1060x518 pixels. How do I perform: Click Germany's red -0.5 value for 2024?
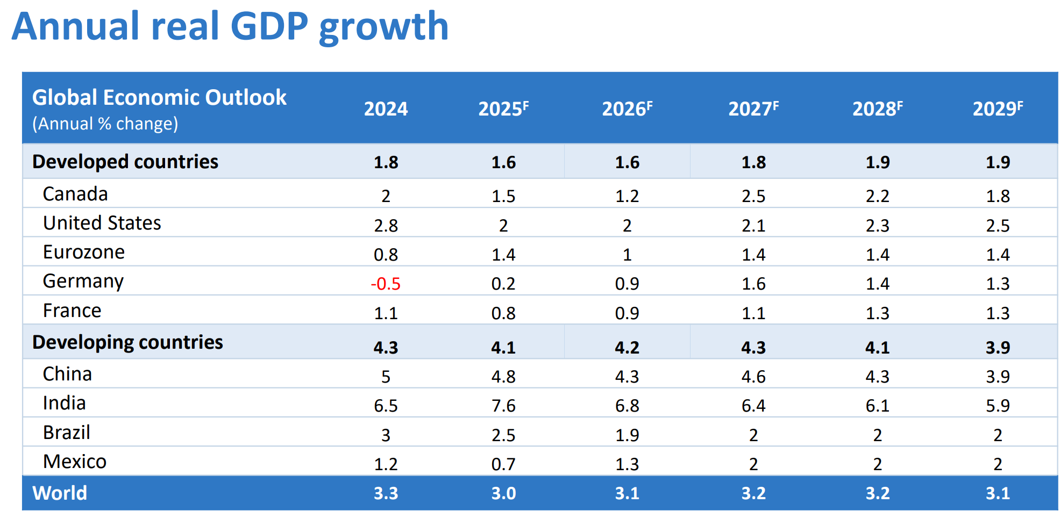pyautogui.click(x=386, y=284)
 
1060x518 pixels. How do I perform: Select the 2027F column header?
pyautogui.click(x=753, y=109)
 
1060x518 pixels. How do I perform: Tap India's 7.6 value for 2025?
pyautogui.click(x=503, y=406)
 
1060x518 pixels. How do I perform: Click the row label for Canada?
pyautogui.click(x=75, y=194)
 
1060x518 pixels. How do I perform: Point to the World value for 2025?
pyautogui.click(x=503, y=493)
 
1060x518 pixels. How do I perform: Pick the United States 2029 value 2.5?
pyautogui.click(x=998, y=226)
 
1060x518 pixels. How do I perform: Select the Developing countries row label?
pyautogui.click(x=127, y=342)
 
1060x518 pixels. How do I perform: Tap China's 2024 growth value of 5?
pyautogui.click(x=386, y=377)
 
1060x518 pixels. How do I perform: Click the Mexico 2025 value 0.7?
pyautogui.click(x=503, y=464)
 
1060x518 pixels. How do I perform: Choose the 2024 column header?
pyautogui.click(x=386, y=109)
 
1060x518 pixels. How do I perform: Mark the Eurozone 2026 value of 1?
pyautogui.click(x=627, y=255)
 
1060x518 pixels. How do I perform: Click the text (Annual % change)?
pyautogui.click(x=105, y=124)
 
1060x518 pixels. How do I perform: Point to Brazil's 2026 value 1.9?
pyautogui.click(x=627, y=435)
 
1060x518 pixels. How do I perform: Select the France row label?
pyautogui.click(x=72, y=311)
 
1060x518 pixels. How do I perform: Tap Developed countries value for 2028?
pyautogui.click(x=877, y=162)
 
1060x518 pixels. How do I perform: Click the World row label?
pyautogui.click(x=60, y=493)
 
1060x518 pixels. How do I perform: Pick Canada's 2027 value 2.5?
pyautogui.click(x=753, y=197)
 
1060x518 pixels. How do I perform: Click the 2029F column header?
pyautogui.click(x=998, y=109)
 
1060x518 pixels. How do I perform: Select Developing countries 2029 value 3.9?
pyautogui.click(x=998, y=348)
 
